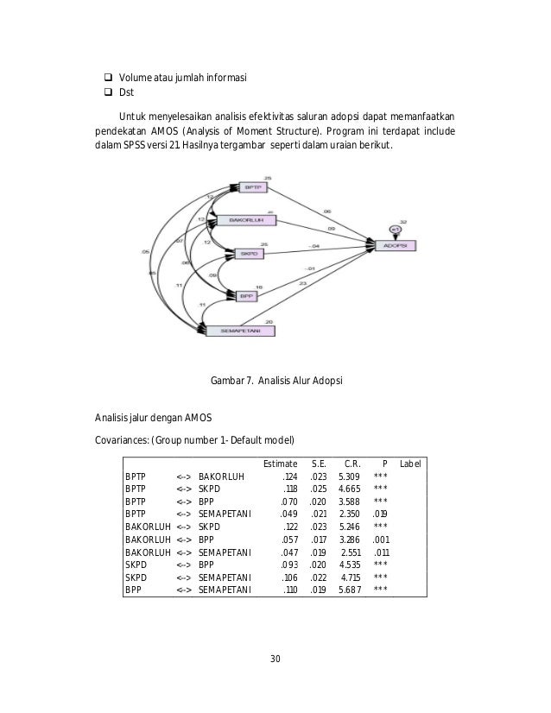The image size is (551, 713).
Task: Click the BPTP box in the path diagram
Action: point(252,187)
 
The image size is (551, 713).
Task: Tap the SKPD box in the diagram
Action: point(248,255)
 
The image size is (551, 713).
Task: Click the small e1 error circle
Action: point(395,229)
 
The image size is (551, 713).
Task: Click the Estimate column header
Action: point(281,464)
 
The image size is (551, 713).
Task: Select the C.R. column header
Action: point(351,464)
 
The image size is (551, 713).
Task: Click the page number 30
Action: point(275,660)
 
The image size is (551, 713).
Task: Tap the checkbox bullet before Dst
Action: point(111,95)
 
